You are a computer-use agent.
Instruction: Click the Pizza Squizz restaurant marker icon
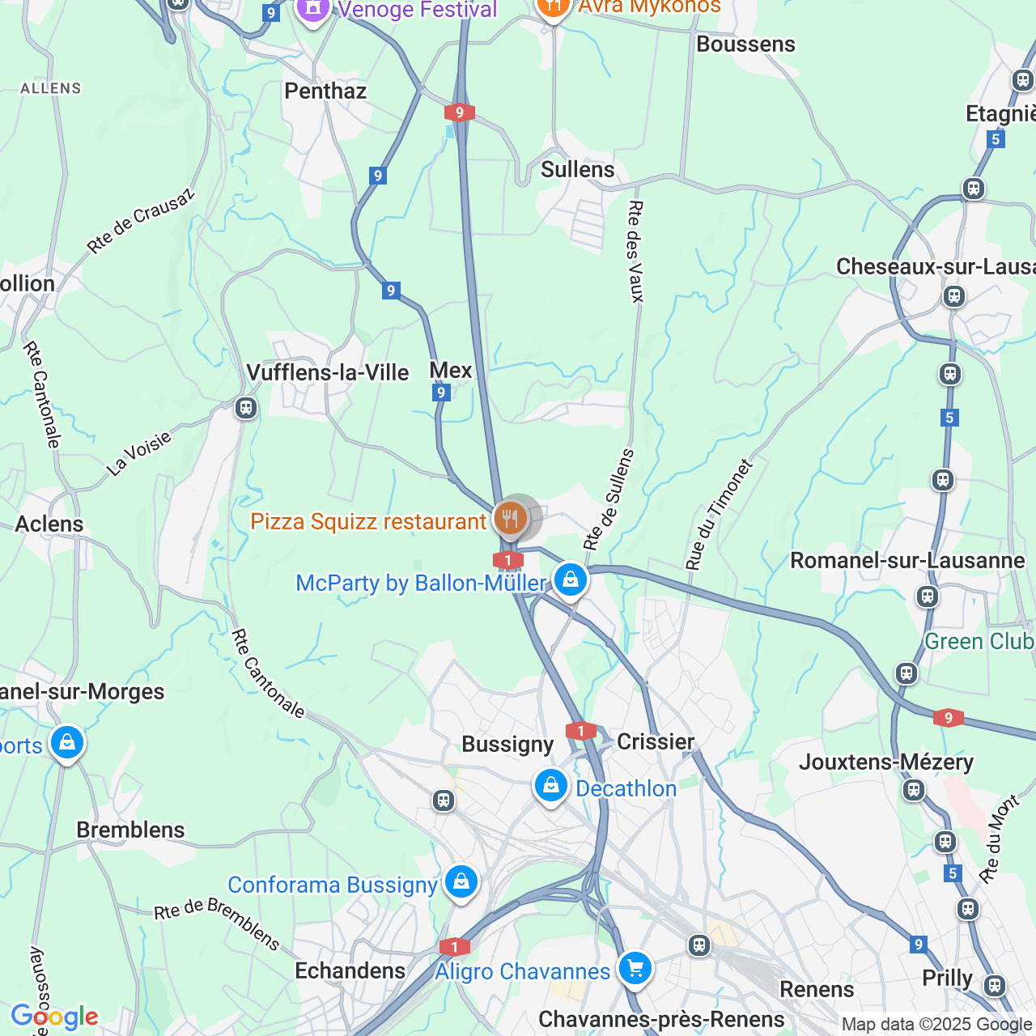(x=510, y=517)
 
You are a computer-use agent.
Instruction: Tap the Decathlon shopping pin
(x=551, y=785)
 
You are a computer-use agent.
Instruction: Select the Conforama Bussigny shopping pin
(x=461, y=881)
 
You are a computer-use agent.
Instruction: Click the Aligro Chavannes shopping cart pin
(x=635, y=967)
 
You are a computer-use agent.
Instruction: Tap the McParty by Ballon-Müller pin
(x=571, y=580)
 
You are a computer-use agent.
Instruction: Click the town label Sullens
(x=577, y=169)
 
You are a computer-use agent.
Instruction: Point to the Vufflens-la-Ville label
(x=327, y=372)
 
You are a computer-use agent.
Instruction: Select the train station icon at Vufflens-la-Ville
(x=246, y=408)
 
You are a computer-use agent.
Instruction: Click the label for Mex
(x=451, y=370)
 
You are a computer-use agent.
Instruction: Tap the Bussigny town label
(x=507, y=744)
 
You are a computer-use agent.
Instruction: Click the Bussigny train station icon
(x=443, y=800)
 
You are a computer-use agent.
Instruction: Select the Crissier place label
(x=656, y=741)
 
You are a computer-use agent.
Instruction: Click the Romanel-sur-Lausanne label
(x=906, y=560)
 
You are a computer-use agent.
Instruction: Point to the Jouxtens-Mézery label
(x=886, y=762)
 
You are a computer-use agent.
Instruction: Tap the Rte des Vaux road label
(x=635, y=251)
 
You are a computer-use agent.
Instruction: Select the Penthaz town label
(x=325, y=91)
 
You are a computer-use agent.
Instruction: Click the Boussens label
(x=745, y=44)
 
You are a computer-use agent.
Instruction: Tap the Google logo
(x=54, y=1017)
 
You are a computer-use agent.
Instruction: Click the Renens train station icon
(x=699, y=945)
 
